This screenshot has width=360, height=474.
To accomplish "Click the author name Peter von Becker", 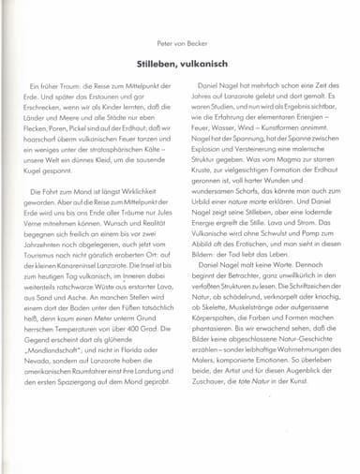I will coord(179,46).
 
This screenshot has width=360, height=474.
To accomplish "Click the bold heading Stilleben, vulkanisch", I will coord(180,67).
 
